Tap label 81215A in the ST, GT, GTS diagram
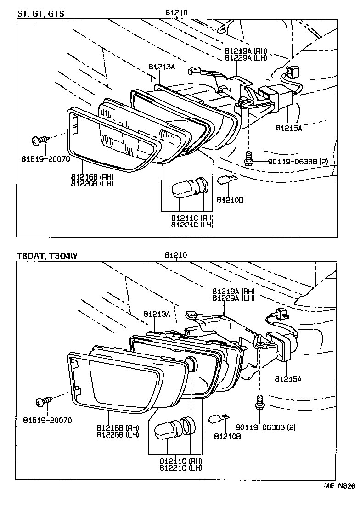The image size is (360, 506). pos(288,128)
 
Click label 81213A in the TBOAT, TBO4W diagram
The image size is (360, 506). pos(157,314)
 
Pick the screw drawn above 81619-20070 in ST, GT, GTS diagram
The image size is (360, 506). pos(38,140)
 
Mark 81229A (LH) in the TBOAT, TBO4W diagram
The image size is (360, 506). pos(233,298)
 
